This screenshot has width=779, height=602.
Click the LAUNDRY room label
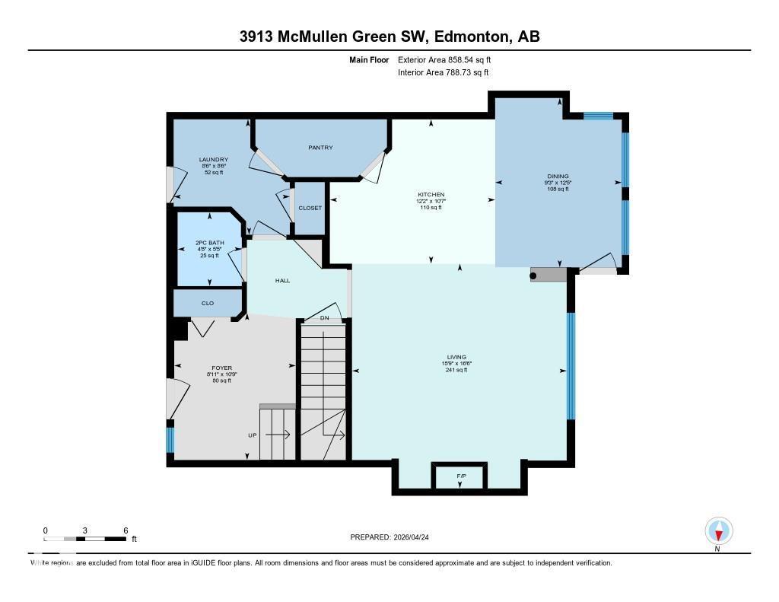click(214, 160)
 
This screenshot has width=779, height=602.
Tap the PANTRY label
click(320, 148)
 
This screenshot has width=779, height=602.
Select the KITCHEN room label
click(431, 195)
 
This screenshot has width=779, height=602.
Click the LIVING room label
click(456, 357)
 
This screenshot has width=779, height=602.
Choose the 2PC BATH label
click(209, 244)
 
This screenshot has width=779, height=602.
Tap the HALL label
click(282, 281)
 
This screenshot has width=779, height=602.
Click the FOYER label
click(221, 368)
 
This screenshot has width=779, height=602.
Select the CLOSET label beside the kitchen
click(310, 208)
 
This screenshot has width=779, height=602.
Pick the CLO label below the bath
click(208, 303)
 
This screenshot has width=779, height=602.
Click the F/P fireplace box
click(460, 476)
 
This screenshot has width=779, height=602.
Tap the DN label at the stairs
click(324, 317)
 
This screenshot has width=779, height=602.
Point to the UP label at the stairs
click(252, 435)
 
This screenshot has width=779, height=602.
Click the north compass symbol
click(718, 530)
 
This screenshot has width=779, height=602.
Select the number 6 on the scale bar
click(126, 530)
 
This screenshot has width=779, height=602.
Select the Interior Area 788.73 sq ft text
click(443, 73)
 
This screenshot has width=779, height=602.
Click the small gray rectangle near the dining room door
click(548, 275)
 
